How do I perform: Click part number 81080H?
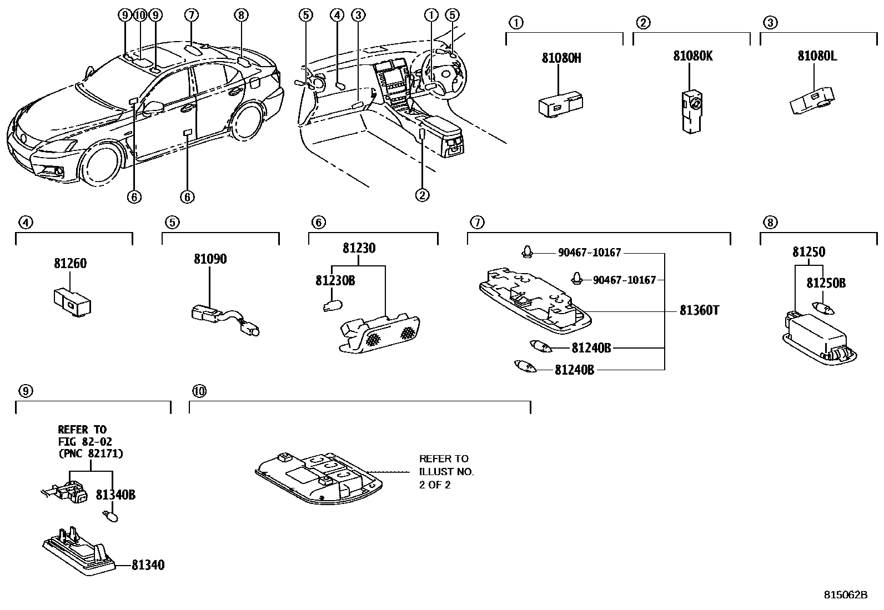(x=561, y=58)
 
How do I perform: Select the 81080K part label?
(x=692, y=56)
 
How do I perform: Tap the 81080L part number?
(x=817, y=56)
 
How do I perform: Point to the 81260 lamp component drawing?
(x=73, y=303)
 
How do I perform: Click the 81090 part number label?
(x=210, y=259)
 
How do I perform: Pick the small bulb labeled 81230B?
(x=332, y=305)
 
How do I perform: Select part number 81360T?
(x=699, y=311)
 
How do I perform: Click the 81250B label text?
(x=825, y=283)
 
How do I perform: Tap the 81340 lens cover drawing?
(x=78, y=552)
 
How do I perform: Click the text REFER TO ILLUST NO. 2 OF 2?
(x=446, y=471)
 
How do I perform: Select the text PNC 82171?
(x=91, y=454)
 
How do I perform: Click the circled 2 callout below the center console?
(x=422, y=195)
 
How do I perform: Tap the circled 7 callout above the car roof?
(x=190, y=15)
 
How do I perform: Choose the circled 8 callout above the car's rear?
(x=240, y=15)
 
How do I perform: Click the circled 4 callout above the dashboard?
(x=336, y=15)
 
